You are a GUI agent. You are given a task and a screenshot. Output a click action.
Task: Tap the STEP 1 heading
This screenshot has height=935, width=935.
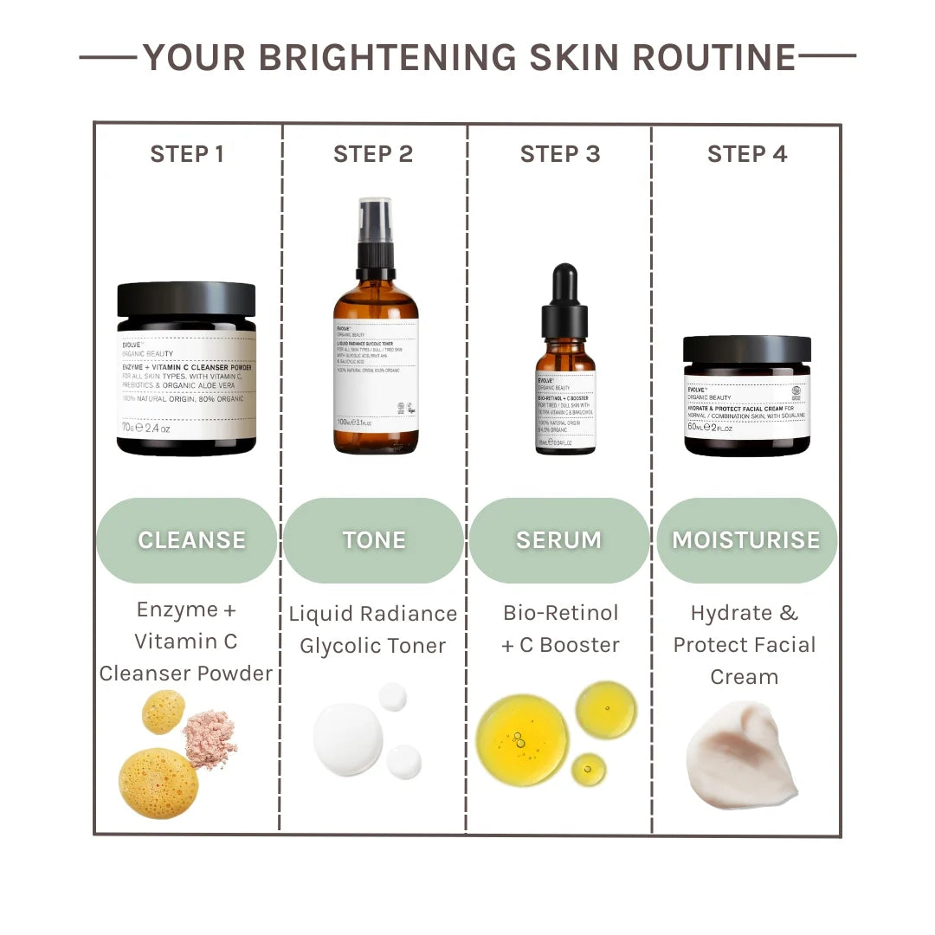(x=187, y=154)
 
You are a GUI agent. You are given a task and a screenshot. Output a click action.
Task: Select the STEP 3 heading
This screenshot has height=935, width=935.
(x=560, y=154)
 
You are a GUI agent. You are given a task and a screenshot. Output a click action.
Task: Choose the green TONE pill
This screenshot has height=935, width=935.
(x=374, y=540)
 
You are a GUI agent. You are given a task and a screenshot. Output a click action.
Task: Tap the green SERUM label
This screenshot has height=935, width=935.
(x=559, y=540)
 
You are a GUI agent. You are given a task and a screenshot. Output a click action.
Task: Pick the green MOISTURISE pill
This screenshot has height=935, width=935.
(x=746, y=540)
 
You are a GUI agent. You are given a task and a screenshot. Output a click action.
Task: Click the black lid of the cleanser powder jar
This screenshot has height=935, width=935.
(x=186, y=300)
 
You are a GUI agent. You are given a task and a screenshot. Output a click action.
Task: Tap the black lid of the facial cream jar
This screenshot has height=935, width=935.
(x=747, y=349)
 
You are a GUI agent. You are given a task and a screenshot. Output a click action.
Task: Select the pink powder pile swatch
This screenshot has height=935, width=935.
(x=210, y=738)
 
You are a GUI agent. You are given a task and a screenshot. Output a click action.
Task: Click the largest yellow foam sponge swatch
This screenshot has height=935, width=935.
(x=158, y=783)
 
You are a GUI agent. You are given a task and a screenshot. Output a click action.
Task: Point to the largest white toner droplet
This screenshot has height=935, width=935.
(x=348, y=738)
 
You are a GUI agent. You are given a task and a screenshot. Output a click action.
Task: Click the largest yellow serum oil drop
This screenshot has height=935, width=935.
(x=522, y=740)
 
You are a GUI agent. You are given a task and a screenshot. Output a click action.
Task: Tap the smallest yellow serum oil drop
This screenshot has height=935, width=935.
(x=589, y=770)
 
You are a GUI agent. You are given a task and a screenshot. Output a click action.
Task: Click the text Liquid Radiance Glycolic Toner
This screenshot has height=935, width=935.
(x=373, y=629)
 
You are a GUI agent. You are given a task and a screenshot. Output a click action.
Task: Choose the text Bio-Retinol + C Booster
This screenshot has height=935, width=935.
(x=561, y=629)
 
